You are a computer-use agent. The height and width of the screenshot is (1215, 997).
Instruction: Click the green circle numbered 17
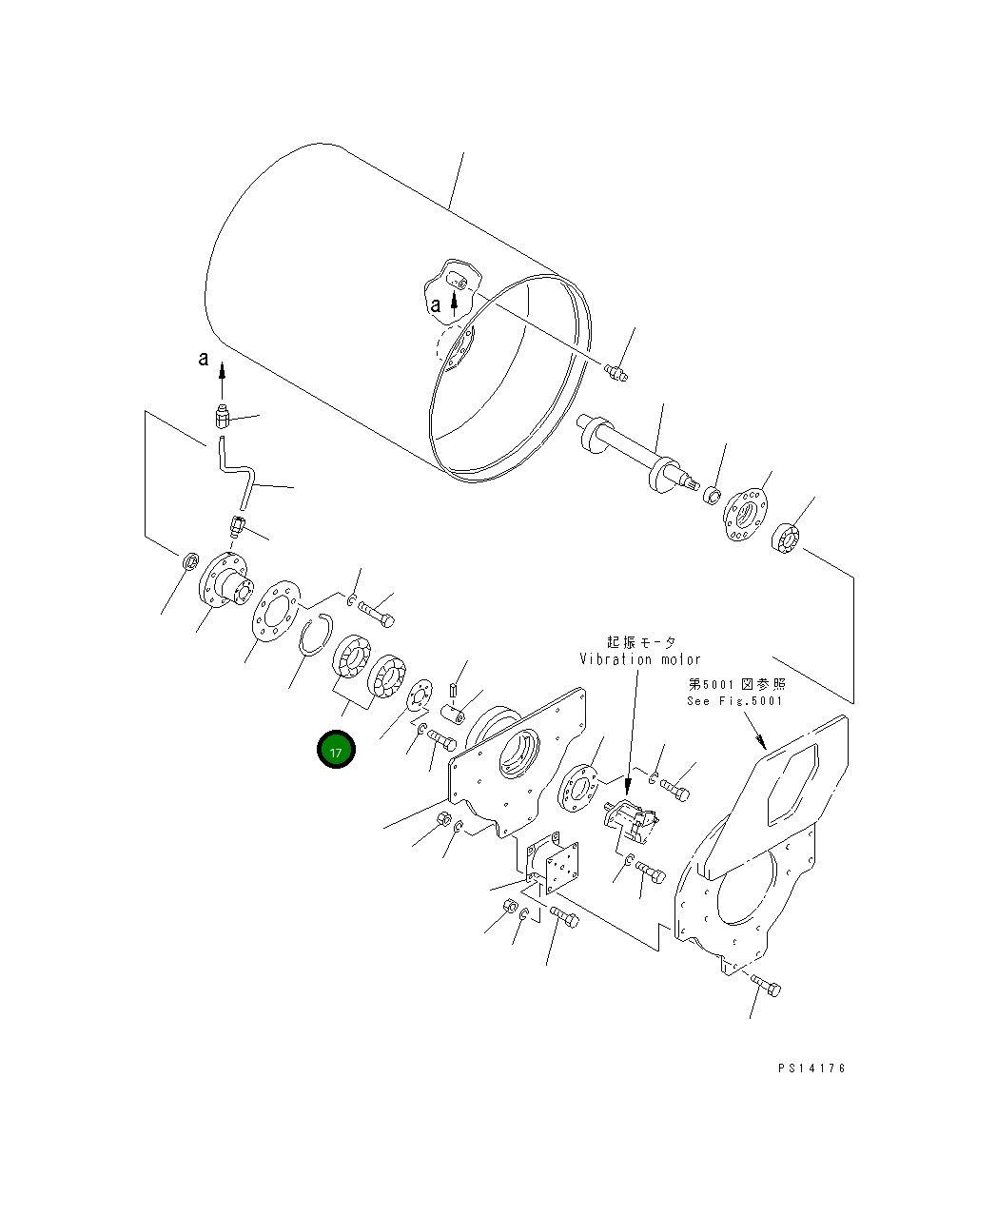click(x=336, y=750)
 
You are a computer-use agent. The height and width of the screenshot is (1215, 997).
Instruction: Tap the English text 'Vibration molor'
click(x=639, y=659)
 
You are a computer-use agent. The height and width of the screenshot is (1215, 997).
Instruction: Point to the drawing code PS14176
click(x=810, y=1068)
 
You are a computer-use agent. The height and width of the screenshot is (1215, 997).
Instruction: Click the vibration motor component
click(x=631, y=819)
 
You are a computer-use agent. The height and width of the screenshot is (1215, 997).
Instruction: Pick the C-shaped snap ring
click(x=314, y=635)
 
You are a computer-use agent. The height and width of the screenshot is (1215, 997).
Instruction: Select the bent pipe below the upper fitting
click(x=235, y=472)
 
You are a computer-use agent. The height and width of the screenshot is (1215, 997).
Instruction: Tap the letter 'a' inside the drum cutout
click(x=435, y=305)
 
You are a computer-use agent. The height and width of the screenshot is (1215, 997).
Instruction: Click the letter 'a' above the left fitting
click(x=203, y=358)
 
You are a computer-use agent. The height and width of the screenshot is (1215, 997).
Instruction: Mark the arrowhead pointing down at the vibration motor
click(x=628, y=788)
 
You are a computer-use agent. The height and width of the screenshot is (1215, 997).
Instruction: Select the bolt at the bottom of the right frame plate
click(x=766, y=986)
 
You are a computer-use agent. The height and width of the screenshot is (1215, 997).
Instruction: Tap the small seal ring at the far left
click(x=190, y=562)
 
